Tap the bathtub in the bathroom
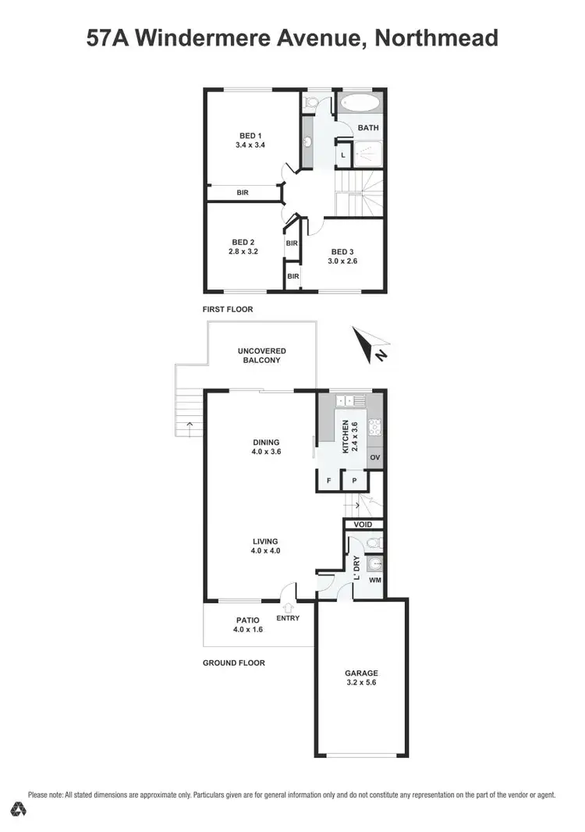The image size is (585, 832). [360, 104]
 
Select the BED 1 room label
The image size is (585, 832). [250, 136]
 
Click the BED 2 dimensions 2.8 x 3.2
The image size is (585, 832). [244, 252]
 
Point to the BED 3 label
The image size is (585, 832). [342, 251]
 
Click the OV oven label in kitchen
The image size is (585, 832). [375, 457]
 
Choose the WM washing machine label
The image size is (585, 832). [374, 580]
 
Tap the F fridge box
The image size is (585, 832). [328, 481]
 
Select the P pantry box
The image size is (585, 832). [354, 481]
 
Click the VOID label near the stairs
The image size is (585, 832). [363, 524]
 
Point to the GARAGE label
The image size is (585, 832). [361, 672]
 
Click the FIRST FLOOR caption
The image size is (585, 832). [228, 309]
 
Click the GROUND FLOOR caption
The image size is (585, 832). [233, 663]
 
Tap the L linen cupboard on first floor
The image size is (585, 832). [343, 155]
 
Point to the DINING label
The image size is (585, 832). [266, 442]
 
